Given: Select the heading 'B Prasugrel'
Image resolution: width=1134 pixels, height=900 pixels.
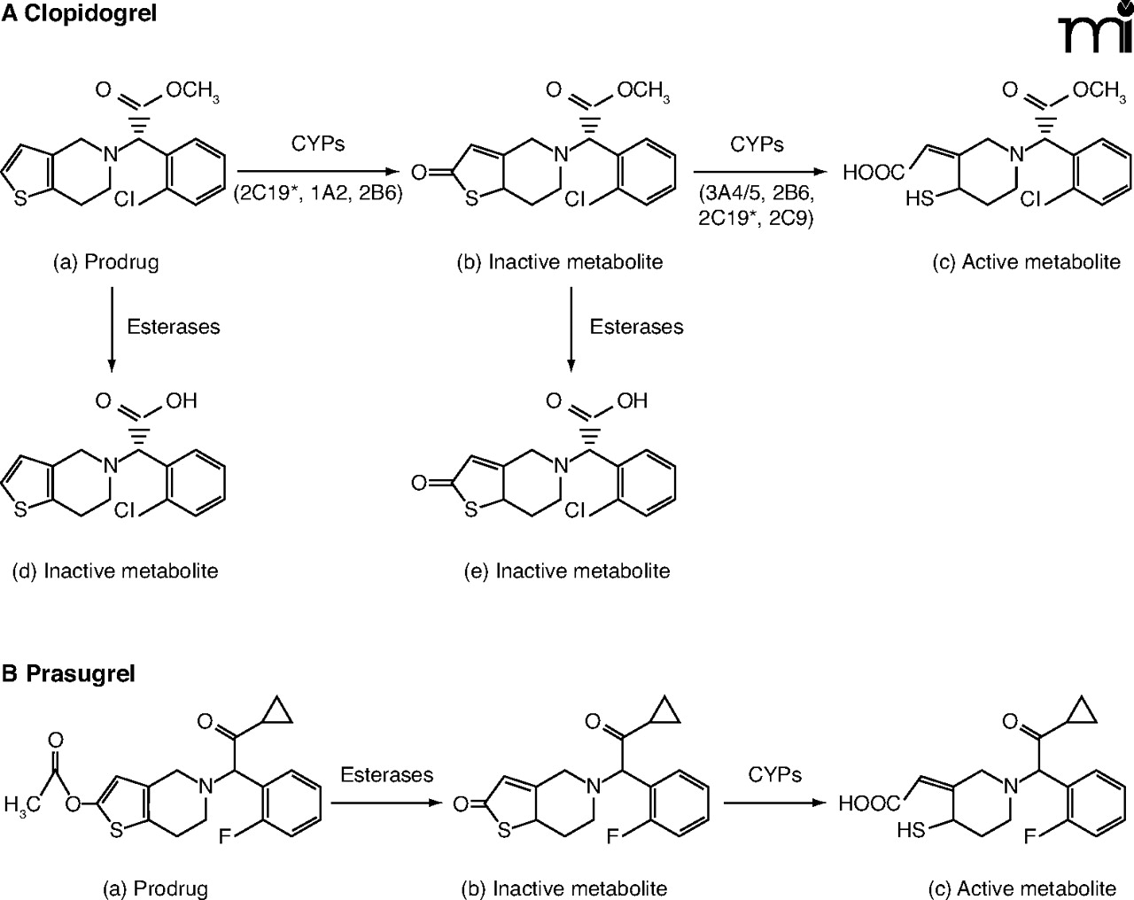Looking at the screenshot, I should [x=68, y=673].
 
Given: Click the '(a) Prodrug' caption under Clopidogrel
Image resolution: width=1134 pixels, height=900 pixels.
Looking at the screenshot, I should [x=105, y=262].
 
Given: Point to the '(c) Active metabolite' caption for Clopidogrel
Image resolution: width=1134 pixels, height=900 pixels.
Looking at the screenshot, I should [x=1027, y=262].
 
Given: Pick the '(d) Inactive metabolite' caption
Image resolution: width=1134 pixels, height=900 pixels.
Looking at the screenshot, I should [x=115, y=570].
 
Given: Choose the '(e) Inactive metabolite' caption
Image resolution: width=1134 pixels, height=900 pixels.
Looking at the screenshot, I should [x=567, y=570].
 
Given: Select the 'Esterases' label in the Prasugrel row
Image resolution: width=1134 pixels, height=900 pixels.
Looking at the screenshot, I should [x=387, y=775].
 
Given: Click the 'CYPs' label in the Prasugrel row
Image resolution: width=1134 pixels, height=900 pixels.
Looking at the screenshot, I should [x=774, y=775].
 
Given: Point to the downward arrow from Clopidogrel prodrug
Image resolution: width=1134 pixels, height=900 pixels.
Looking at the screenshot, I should [x=112, y=328].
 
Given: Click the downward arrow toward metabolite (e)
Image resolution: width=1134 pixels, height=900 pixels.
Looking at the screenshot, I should [x=571, y=328].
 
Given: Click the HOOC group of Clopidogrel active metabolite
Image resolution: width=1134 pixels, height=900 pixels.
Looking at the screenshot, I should [x=874, y=173].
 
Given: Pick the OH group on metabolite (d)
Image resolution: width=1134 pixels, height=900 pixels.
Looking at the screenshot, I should [x=181, y=400].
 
